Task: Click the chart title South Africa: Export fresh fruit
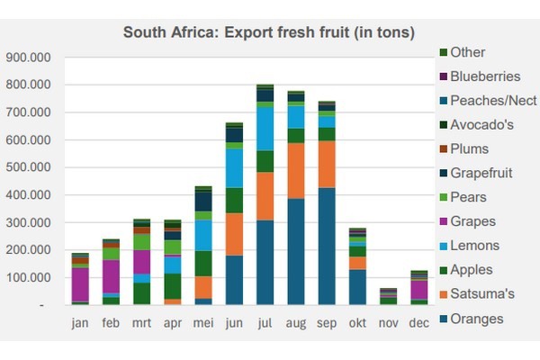pos(268,33)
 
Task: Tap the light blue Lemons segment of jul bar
pos(265,129)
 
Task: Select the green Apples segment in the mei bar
pos(203,264)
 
